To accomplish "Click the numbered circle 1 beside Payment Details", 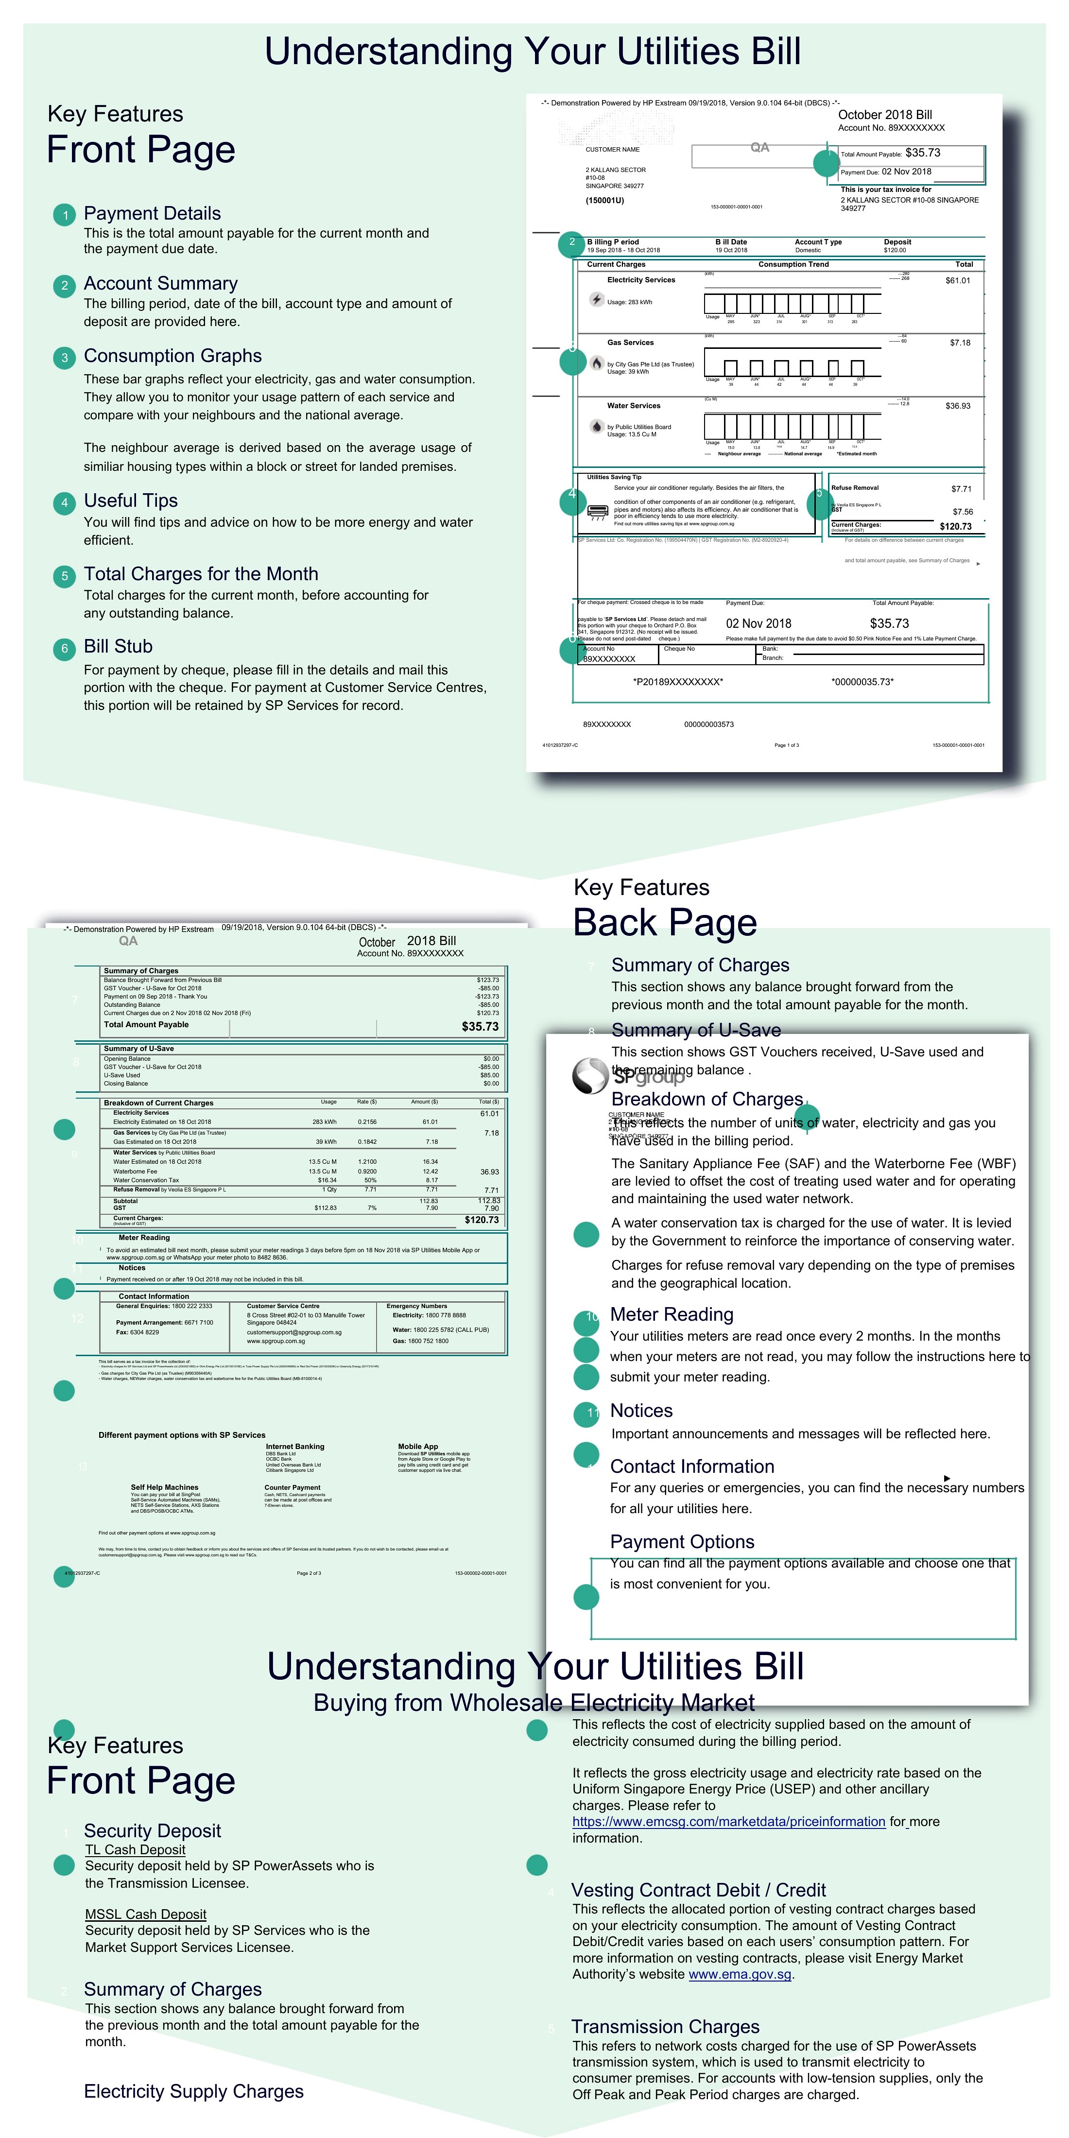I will coord(65,216).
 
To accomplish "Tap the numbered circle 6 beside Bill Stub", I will coord(65,649).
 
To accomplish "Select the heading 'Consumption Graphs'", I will coord(172,356).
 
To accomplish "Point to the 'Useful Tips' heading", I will coord(130,500).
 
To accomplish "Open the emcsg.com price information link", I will coord(729,1822).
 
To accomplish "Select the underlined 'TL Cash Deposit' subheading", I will coord(135,1850).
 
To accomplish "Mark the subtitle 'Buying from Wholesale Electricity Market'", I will coord(534,1703).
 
